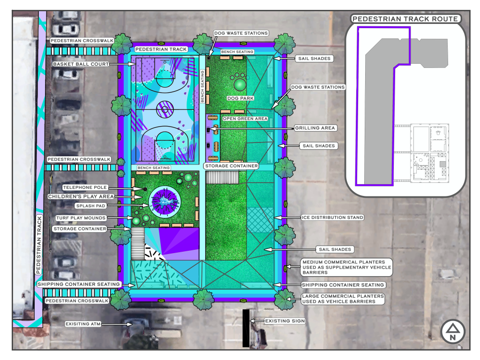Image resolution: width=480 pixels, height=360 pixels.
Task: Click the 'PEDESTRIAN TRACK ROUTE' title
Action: [x=405, y=19]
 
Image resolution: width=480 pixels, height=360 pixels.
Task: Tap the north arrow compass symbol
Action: [x=453, y=332]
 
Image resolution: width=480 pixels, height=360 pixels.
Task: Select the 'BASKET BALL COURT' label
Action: [x=81, y=64]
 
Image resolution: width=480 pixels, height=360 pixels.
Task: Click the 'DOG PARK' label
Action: [x=240, y=98]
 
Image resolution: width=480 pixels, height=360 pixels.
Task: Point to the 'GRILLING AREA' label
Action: [x=315, y=128]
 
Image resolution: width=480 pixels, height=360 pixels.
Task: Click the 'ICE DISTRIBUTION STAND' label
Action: [x=332, y=217]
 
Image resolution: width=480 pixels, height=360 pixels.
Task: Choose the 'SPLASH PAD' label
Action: [x=90, y=206]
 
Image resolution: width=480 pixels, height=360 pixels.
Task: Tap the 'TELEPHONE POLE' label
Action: [x=85, y=187]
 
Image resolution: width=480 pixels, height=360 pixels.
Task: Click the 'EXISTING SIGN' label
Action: [x=285, y=321]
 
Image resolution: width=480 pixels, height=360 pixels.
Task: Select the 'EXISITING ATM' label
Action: [x=83, y=324]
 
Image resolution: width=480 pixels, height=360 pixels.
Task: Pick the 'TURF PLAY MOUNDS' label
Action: [x=81, y=218]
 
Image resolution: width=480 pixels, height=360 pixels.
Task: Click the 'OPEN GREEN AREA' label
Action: [x=245, y=119]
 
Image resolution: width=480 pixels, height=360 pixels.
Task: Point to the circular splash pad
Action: [x=165, y=202]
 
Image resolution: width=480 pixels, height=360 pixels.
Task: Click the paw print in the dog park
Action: [x=240, y=81]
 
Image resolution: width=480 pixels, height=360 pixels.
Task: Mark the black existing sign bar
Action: [x=246, y=328]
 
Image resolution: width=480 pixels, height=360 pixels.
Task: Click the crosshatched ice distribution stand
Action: [x=260, y=220]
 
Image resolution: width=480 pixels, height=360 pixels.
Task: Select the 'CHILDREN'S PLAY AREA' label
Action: [x=81, y=196]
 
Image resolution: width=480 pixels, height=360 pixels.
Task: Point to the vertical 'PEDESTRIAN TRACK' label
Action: [x=38, y=245]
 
